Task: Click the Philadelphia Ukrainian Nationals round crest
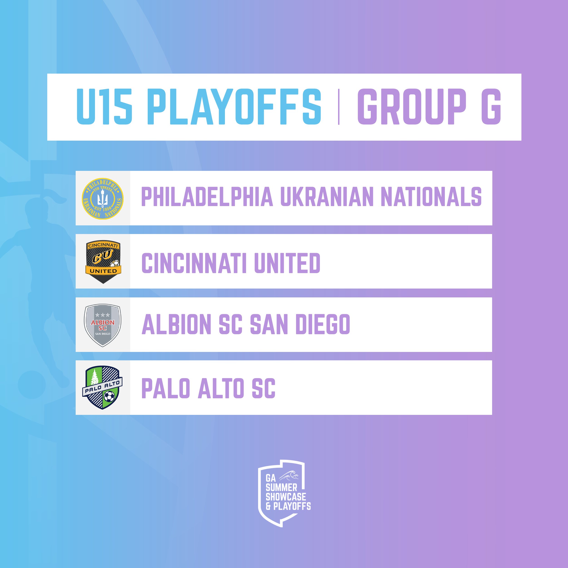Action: pyautogui.click(x=103, y=198)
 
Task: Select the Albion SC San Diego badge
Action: pyautogui.click(x=103, y=325)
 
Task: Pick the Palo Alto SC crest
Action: pyautogui.click(x=102, y=387)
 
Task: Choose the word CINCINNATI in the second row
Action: pyautogui.click(x=194, y=263)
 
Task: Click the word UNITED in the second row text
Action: pyautogui.click(x=287, y=263)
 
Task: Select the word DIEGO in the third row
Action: pyautogui.click(x=323, y=324)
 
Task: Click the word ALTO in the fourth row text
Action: pyautogui.click(x=220, y=388)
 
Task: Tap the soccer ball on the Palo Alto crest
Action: pyautogui.click(x=109, y=396)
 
